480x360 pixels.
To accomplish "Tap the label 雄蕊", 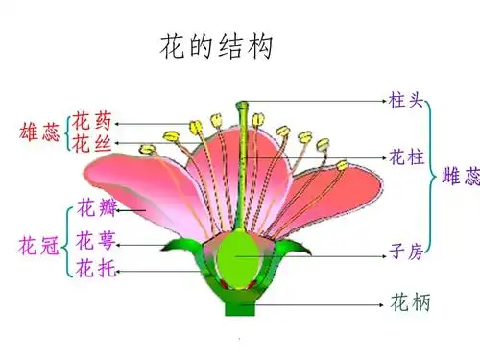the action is (x=39, y=132).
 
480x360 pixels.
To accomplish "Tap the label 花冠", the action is (x=39, y=247).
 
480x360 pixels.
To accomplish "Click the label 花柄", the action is (x=410, y=303).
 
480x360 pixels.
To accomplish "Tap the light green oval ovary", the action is (x=238, y=256).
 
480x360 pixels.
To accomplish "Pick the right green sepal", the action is (x=294, y=248).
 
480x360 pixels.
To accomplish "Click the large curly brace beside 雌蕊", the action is (x=433, y=177).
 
